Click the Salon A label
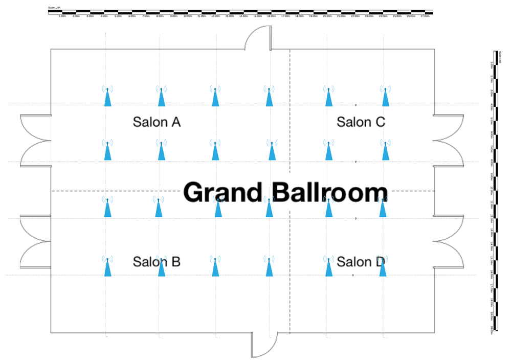tap(157, 122)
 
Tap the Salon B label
tap(157, 262)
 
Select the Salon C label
tap(361, 122)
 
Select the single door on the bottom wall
tap(264, 345)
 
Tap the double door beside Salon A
tap(35, 141)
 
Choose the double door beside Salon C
tap(449, 141)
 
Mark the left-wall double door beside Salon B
tap(35, 241)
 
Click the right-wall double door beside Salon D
tap(449, 241)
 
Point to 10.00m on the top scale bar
tap(188, 16)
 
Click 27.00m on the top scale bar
tap(425, 16)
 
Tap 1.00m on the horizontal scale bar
tap(62, 16)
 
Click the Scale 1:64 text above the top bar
tap(54, 8)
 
